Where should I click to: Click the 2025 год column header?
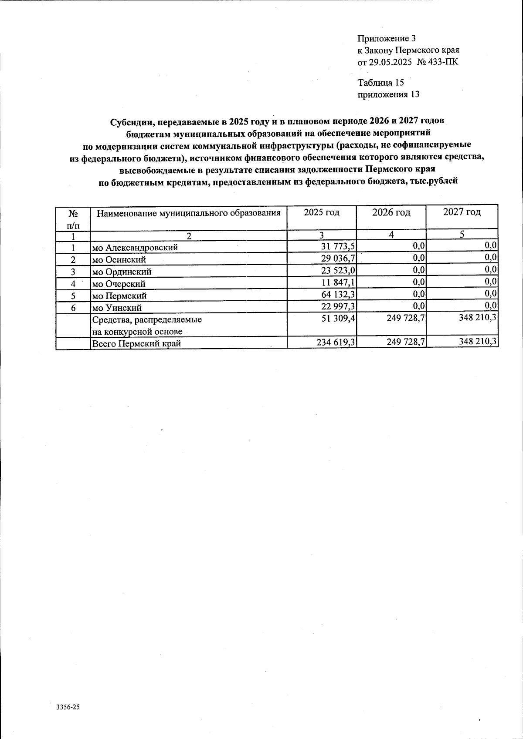pyautogui.click(x=322, y=212)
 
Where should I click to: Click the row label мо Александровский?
pyautogui.click(x=135, y=248)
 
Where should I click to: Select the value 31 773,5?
pyautogui.click(x=338, y=247)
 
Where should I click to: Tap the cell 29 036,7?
pyautogui.click(x=338, y=259)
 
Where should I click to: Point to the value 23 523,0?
pyautogui.click(x=338, y=272)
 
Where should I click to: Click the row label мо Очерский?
pyautogui.click(x=119, y=284)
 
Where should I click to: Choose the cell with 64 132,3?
pyautogui.click(x=338, y=296)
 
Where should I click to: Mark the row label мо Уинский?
pyautogui.click(x=117, y=308)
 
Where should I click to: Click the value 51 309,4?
pyautogui.click(x=338, y=319)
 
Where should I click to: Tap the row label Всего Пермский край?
pyautogui.click(x=136, y=343)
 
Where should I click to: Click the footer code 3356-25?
pyautogui.click(x=68, y=707)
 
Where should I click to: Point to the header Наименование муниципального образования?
pyautogui.click(x=188, y=213)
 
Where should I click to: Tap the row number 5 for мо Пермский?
pyautogui.click(x=73, y=296)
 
